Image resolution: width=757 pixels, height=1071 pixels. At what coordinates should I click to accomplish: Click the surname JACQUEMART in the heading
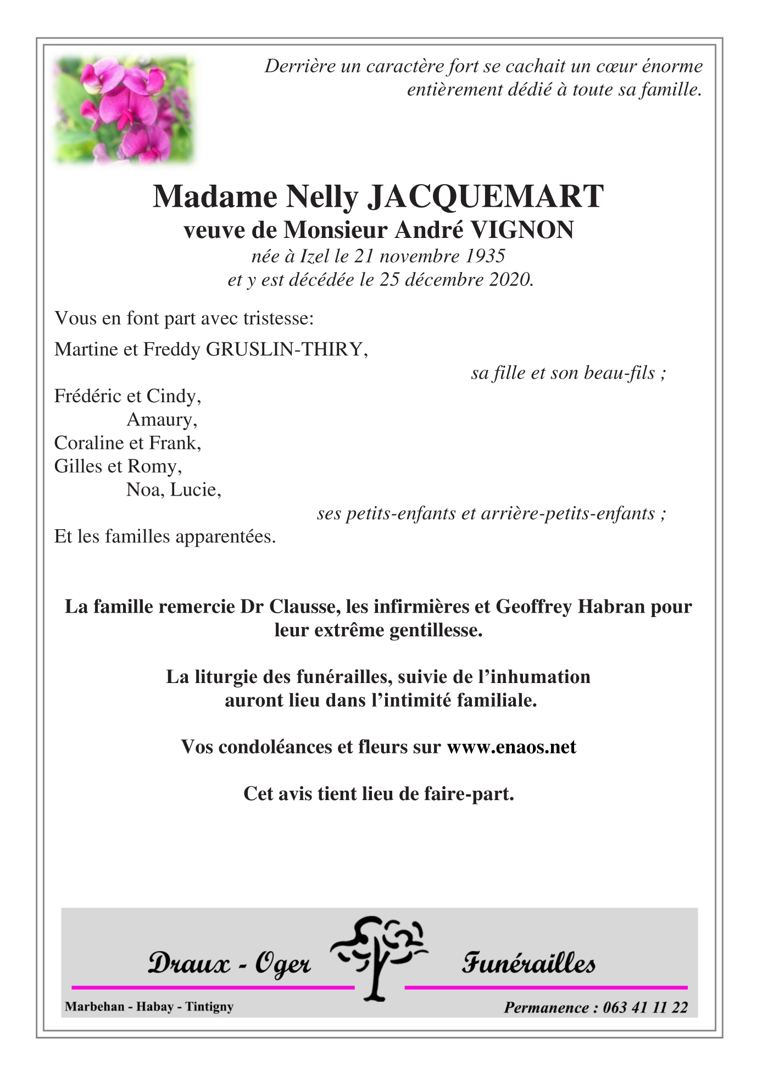tap(485, 196)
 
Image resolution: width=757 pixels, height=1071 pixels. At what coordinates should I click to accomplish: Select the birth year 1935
tap(485, 256)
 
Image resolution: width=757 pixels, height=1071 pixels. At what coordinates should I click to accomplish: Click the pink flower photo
tap(124, 110)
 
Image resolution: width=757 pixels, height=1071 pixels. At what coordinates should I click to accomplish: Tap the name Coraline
tap(88, 443)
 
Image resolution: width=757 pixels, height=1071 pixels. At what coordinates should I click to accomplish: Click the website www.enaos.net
tap(511, 747)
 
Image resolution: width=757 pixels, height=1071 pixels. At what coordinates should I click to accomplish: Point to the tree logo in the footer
tap(379, 959)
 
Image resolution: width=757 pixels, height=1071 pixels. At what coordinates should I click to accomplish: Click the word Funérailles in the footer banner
tap(528, 963)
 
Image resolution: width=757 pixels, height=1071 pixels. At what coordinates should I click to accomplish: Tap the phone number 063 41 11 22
tap(645, 1007)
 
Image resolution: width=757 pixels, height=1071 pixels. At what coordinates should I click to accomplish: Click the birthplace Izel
tap(315, 256)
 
